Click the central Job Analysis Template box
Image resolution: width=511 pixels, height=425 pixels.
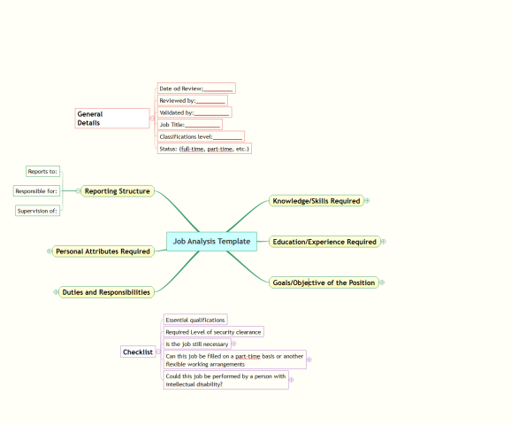tap(211, 242)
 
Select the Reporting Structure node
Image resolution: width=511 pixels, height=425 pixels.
tap(118, 191)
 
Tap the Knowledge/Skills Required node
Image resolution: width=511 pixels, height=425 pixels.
tap(317, 201)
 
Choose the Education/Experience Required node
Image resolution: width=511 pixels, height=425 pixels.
tap(324, 242)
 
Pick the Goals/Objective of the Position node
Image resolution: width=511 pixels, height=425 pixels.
tap(324, 282)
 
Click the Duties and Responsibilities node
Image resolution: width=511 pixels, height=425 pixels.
tap(106, 292)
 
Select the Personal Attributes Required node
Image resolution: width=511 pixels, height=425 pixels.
tap(103, 251)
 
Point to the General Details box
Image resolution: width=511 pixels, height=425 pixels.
tap(112, 118)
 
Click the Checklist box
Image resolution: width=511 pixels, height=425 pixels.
tap(138, 352)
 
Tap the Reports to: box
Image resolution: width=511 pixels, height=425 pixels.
tap(42, 172)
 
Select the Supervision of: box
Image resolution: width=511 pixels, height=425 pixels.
tap(37, 211)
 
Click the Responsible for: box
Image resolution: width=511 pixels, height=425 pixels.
tap(36, 191)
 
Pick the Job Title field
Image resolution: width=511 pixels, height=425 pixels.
tap(190, 124)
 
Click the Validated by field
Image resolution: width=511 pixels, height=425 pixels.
tap(194, 112)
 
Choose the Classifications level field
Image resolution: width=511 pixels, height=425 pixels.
tap(201, 136)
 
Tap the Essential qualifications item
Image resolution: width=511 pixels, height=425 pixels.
tap(195, 320)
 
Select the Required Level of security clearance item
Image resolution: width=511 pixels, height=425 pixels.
tap(213, 332)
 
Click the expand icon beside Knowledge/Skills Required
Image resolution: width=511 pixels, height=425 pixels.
tap(367, 201)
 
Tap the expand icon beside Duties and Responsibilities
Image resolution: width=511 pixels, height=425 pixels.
tap(56, 292)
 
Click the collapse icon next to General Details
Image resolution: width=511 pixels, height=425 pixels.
tap(152, 118)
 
